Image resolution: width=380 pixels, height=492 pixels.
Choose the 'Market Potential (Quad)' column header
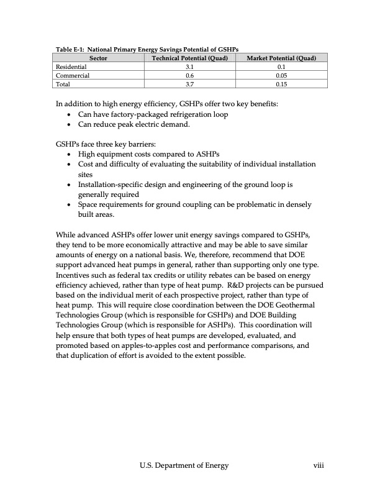(x=281, y=57)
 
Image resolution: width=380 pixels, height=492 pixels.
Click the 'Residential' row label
(x=71, y=65)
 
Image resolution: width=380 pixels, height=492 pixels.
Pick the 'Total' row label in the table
(x=63, y=83)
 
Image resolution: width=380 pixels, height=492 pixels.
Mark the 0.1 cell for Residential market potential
(x=281, y=65)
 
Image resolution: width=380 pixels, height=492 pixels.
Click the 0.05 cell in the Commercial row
(x=281, y=74)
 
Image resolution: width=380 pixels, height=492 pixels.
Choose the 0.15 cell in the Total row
(x=281, y=83)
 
